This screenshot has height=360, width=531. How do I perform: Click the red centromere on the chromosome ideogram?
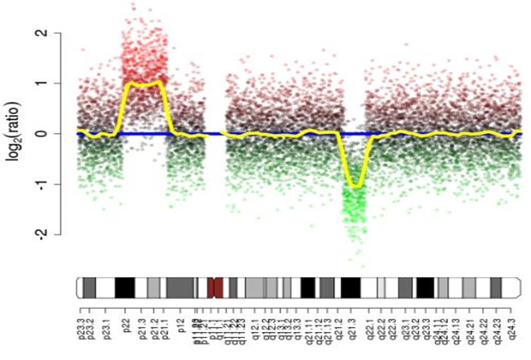[x=214, y=288]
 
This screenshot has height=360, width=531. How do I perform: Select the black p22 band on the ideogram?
[x=125, y=288]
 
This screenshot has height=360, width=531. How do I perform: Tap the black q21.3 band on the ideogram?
[x=350, y=288]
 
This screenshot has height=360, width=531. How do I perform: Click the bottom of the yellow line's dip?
[x=355, y=187]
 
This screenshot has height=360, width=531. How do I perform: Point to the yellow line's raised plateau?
[x=143, y=84]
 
